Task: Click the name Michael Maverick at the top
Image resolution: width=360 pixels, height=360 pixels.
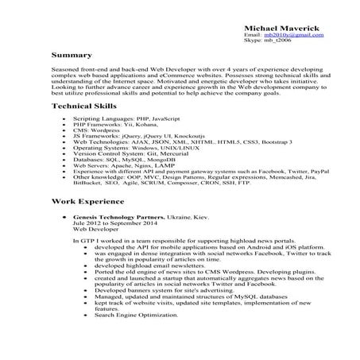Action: pos(283,29)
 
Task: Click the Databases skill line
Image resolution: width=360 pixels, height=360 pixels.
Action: pos(120,159)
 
